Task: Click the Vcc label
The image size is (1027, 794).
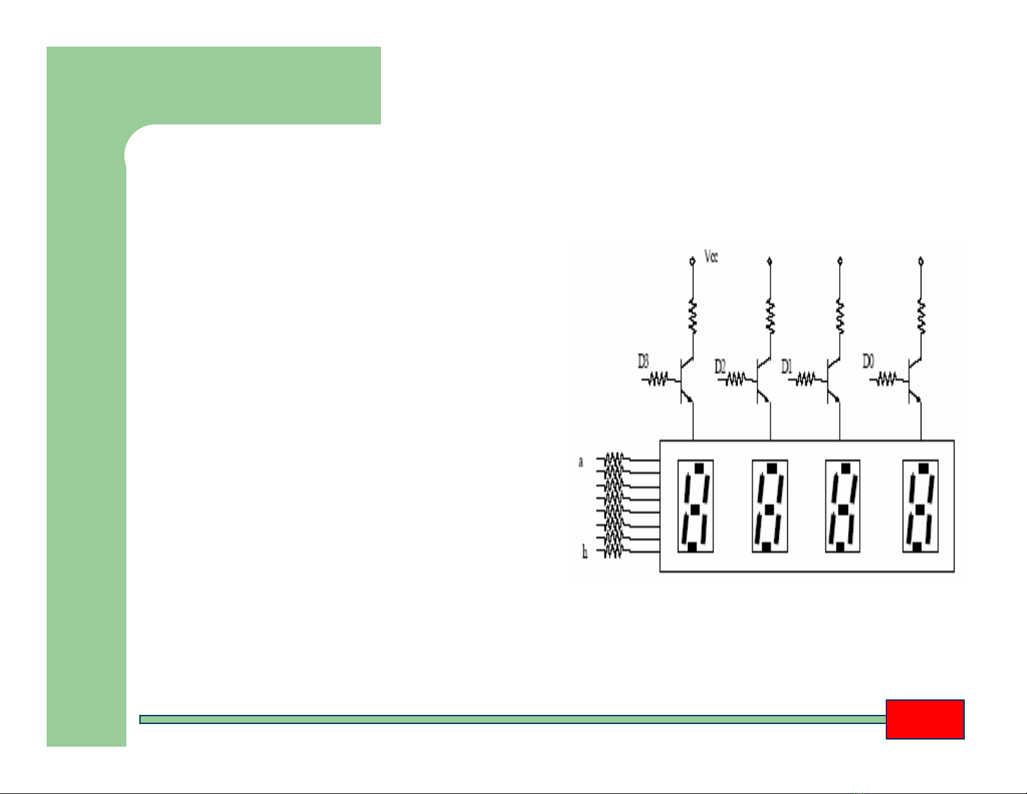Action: pyautogui.click(x=711, y=257)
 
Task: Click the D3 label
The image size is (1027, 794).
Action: pyautogui.click(x=643, y=361)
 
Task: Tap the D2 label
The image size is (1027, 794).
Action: pyautogui.click(x=721, y=367)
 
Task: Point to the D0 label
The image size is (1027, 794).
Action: pyautogui.click(x=868, y=362)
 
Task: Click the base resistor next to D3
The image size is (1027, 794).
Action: pyautogui.click(x=659, y=380)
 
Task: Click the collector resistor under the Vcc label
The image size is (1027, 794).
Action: pyautogui.click(x=693, y=317)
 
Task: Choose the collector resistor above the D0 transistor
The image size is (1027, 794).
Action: pyautogui.click(x=921, y=317)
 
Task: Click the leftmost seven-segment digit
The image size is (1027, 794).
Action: pyautogui.click(x=695, y=506)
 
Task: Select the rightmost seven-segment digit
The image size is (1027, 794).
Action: pyautogui.click(x=920, y=506)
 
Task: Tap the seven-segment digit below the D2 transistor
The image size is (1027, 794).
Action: pyautogui.click(x=770, y=506)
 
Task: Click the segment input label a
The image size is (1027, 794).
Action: pyautogui.click(x=581, y=462)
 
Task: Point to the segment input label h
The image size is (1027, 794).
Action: pyautogui.click(x=584, y=553)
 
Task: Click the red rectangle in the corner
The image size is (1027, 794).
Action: pyautogui.click(x=925, y=719)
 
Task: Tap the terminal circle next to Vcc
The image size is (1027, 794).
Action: pyautogui.click(x=693, y=261)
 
